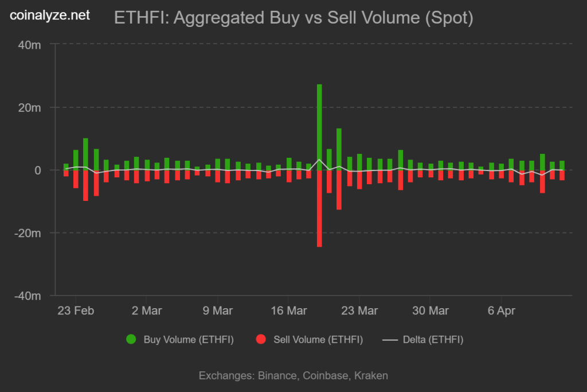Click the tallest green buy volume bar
[319, 126]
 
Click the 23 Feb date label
[76, 311]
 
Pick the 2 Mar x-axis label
[147, 311]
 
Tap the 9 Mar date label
[218, 311]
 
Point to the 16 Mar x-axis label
[288, 311]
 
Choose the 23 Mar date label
[359, 311]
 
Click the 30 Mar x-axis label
[431, 311]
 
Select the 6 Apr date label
[502, 311]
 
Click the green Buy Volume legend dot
[131, 340]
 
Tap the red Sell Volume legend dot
[261, 340]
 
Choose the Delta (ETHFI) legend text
[433, 340]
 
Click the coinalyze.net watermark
[50, 15]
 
